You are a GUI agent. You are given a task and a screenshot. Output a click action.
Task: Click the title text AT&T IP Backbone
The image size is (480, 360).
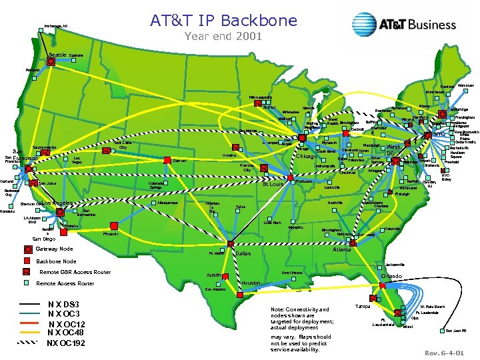pos(223,21)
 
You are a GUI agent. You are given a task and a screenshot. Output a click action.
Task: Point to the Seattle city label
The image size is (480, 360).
pos(58,55)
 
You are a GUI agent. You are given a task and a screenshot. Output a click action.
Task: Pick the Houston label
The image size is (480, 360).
pos(251,283)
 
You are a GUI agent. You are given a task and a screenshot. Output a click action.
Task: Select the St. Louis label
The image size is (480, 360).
pos(273,185)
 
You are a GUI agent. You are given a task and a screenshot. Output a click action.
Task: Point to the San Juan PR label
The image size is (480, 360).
pos(455,331)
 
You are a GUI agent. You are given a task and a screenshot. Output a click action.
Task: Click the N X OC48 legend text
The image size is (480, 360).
pos(65,333)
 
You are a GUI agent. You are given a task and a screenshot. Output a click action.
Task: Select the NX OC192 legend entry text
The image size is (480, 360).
pos(66,343)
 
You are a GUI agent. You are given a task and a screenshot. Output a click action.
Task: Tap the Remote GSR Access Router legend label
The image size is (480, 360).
pos(75,273)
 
